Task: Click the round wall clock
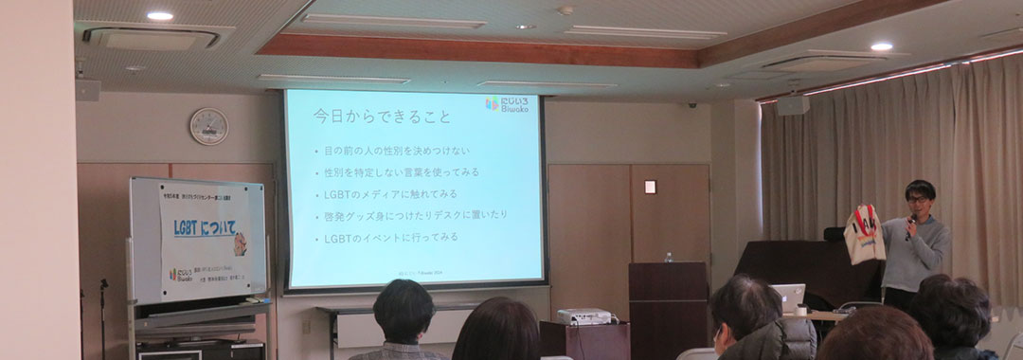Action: [208, 126]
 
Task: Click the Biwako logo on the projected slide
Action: [506, 102]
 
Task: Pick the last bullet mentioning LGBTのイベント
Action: [391, 237]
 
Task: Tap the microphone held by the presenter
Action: [911, 225]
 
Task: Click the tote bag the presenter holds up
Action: [865, 234]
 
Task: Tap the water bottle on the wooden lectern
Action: [669, 257]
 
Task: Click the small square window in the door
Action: [650, 187]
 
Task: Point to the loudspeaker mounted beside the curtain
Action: [792, 105]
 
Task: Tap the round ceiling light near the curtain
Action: [881, 46]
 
